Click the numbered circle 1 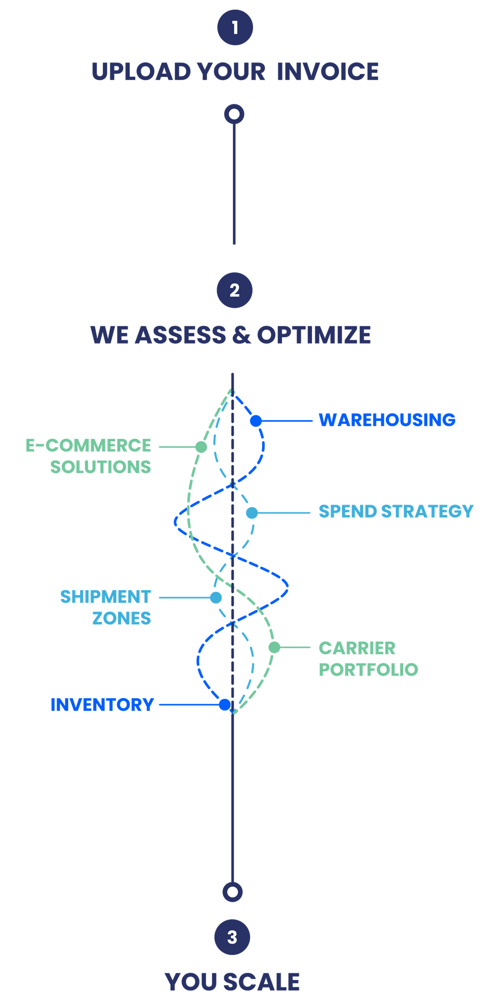[x=235, y=27]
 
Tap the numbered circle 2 [x=235, y=290]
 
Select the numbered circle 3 [x=232, y=937]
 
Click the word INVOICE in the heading [x=328, y=71]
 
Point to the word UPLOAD [x=141, y=71]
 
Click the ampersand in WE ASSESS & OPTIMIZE [x=241, y=335]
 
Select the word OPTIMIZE [x=314, y=335]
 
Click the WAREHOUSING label [x=387, y=419]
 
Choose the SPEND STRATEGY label [x=396, y=511]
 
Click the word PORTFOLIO [x=369, y=669]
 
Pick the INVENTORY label [x=102, y=705]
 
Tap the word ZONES [x=121, y=618]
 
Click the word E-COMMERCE [x=88, y=445]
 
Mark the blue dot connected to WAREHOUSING [x=256, y=421]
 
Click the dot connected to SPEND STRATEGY [x=252, y=512]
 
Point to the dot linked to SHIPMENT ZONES [x=216, y=598]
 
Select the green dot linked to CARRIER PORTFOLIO [x=274, y=647]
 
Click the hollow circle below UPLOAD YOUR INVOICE [x=234, y=114]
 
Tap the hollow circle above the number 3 [x=232, y=892]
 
